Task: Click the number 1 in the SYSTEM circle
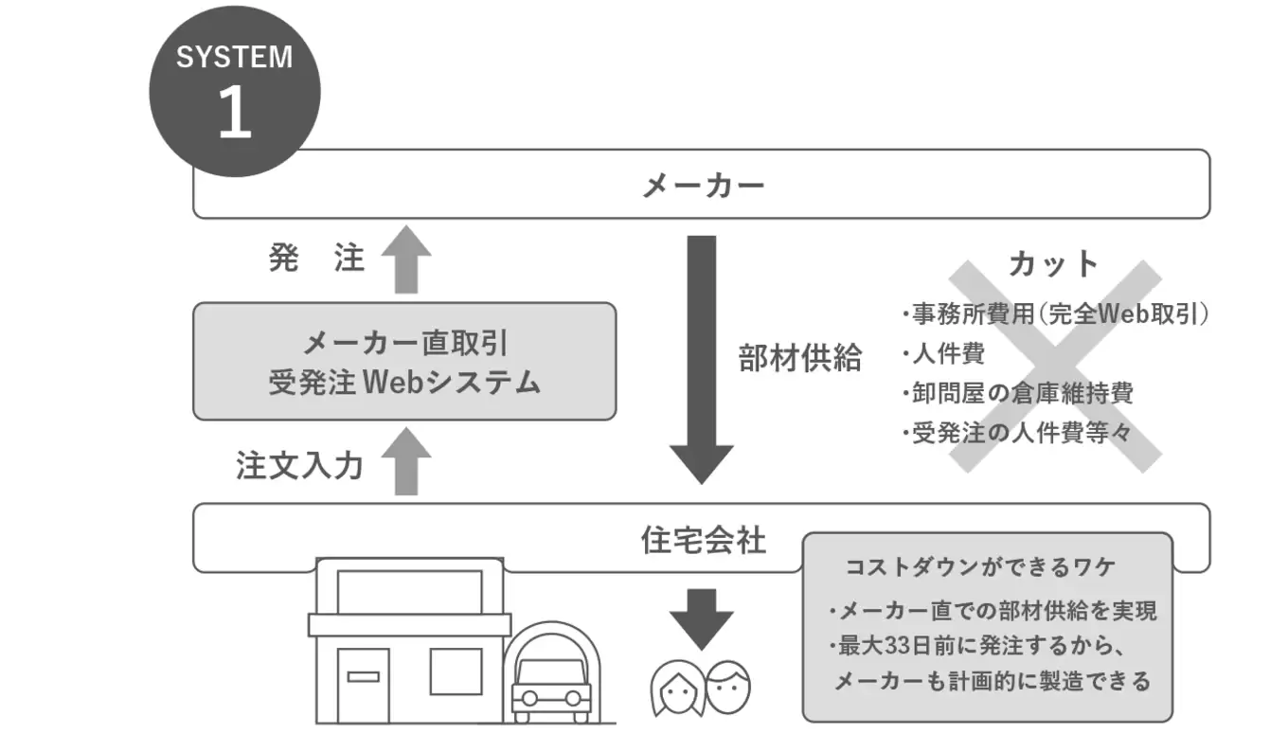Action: tap(234, 113)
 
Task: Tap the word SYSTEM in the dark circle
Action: tap(234, 56)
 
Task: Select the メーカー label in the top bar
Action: tap(703, 185)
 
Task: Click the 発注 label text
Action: tap(316, 259)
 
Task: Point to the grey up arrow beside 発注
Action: tap(406, 259)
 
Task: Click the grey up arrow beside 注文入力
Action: tap(406, 460)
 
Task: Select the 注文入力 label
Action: tap(298, 466)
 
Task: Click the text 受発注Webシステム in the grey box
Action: tap(404, 382)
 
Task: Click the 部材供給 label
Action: tap(800, 358)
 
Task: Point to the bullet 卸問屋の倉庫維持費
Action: tap(1018, 393)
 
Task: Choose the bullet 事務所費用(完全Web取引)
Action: tap(1055, 314)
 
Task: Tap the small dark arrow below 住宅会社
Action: tap(701, 618)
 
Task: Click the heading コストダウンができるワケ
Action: tap(980, 567)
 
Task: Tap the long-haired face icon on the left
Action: tap(676, 689)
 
